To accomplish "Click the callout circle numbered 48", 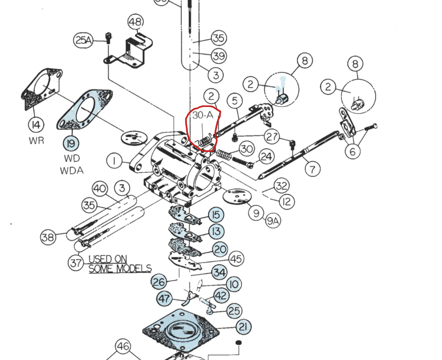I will pos(136,22).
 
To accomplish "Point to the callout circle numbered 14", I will pos(36,126).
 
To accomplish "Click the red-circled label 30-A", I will pos(203,115).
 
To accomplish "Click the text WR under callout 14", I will pos(36,141).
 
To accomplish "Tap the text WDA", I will pos(72,169).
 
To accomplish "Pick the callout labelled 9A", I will pos(273,221).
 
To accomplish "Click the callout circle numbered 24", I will pos(266,157).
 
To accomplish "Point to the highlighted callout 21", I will pos(243,327).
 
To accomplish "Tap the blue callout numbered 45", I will pos(236,258).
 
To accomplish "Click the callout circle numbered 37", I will pos(75,262).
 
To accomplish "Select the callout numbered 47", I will pos(164,299).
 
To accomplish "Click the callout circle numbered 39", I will pos(218,56).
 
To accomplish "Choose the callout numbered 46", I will pos(123,346).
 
